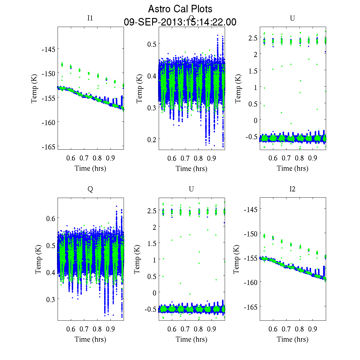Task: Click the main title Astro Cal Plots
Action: click(180, 9)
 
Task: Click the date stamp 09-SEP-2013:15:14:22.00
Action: click(180, 22)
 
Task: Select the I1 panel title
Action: click(90, 18)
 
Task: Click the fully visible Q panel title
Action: click(90, 189)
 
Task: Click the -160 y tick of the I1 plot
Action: click(48, 122)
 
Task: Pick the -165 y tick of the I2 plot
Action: click(250, 307)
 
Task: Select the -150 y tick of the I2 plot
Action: click(250, 234)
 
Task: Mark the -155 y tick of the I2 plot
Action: click(250, 258)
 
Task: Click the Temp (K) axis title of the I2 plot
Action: click(236, 259)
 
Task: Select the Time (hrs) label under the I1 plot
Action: click(90, 168)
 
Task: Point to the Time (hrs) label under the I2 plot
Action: click(292, 339)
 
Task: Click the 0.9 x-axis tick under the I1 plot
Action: click(110, 158)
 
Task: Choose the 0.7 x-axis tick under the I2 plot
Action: click(286, 329)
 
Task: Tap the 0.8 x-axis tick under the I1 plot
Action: click(97, 158)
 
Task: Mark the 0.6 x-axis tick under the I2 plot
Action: click(273, 329)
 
